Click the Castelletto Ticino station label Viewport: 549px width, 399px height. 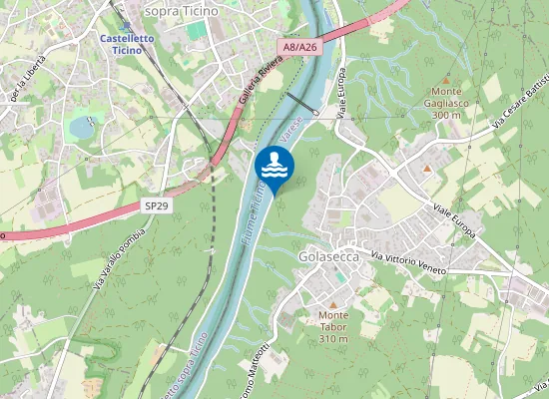(126, 44)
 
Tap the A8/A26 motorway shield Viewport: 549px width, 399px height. (299, 47)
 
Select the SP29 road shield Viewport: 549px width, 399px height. (155, 204)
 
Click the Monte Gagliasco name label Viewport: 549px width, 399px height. (446, 103)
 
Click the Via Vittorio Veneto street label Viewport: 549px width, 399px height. (408, 263)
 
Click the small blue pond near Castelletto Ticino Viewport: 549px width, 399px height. (81, 127)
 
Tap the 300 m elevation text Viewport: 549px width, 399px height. (446, 116)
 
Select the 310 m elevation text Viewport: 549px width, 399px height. (333, 339)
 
